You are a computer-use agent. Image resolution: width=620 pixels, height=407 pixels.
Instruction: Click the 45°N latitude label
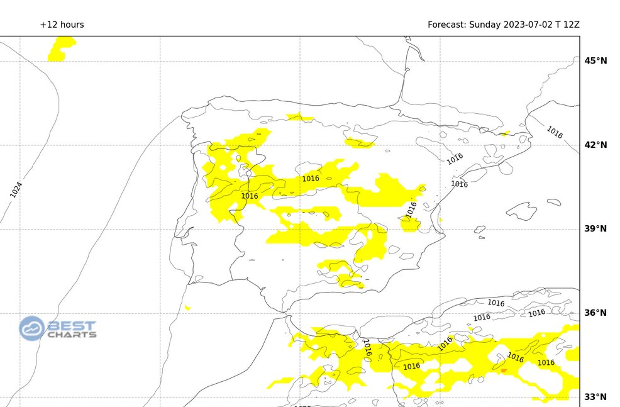(595, 61)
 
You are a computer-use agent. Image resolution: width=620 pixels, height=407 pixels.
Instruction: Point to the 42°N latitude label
(595, 145)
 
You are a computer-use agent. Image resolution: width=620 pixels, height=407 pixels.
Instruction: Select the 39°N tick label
(595, 229)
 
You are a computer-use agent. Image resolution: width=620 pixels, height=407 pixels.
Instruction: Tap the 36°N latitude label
(595, 313)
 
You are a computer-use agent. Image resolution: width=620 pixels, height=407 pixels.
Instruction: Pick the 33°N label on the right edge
(595, 396)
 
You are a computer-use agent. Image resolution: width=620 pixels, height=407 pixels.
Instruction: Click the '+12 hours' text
(62, 25)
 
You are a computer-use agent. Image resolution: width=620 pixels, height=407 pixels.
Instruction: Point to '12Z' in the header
(572, 25)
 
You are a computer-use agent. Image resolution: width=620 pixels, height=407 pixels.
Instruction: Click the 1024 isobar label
(16, 189)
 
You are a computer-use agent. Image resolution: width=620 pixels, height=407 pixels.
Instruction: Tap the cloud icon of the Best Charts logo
(32, 328)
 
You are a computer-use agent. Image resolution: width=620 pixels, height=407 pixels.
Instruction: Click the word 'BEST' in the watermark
(72, 325)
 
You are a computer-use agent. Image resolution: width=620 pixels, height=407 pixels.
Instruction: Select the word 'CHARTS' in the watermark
(72, 334)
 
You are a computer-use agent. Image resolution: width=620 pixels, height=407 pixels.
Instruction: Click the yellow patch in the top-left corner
(62, 49)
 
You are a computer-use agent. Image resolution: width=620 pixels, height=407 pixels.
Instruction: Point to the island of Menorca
(553, 202)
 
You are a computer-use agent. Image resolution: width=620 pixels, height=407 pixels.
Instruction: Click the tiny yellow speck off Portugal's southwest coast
(187, 308)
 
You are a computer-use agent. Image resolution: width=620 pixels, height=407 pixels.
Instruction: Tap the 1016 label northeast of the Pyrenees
(554, 132)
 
